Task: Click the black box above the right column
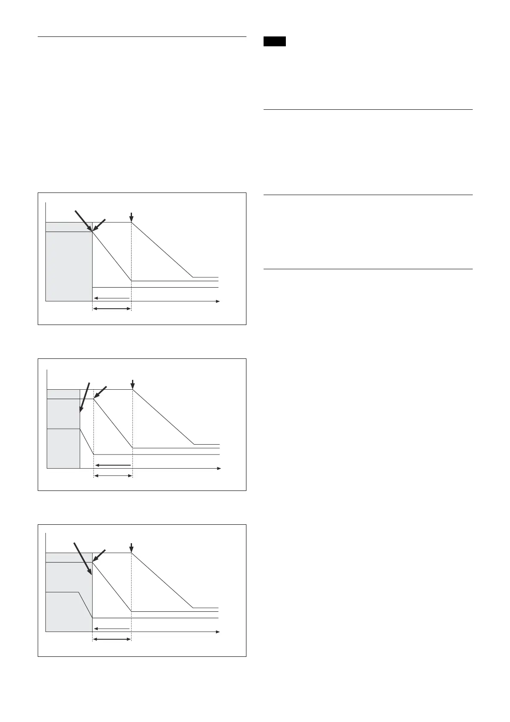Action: click(x=274, y=42)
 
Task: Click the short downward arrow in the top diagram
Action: click(x=131, y=217)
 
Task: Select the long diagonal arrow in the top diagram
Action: click(x=84, y=221)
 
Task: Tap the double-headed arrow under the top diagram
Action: click(x=112, y=309)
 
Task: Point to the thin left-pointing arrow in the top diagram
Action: click(x=111, y=298)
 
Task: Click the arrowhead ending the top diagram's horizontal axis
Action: click(x=217, y=302)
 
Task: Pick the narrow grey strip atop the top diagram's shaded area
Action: click(x=69, y=227)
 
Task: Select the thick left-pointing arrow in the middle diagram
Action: click(x=113, y=465)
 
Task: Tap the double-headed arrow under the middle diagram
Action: click(x=113, y=475)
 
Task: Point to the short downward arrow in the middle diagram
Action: click(x=133, y=384)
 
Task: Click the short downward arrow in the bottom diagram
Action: click(x=131, y=548)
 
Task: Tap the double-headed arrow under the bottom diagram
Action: click(x=112, y=639)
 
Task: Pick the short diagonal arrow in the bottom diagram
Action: click(x=99, y=555)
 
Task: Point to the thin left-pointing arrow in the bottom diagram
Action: click(x=111, y=629)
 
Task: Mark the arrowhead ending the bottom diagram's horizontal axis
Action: click(x=217, y=632)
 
